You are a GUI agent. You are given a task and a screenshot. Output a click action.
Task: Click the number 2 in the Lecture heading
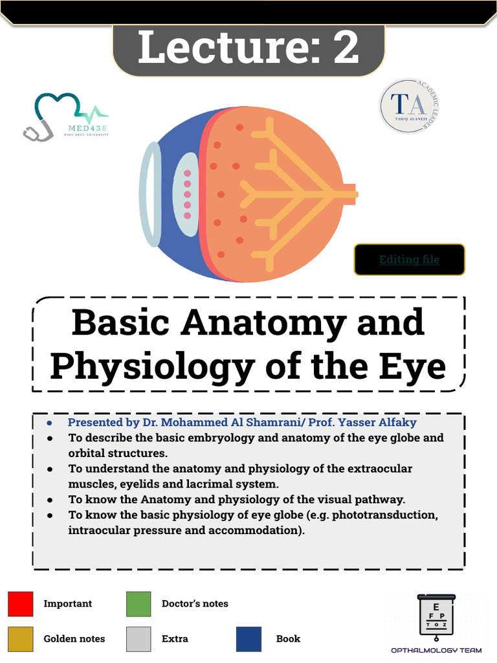pyautogui.click(x=346, y=48)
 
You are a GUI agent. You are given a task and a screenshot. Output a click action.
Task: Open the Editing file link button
pyautogui.click(x=409, y=260)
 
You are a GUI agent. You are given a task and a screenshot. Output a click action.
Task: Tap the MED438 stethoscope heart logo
pyautogui.click(x=63, y=117)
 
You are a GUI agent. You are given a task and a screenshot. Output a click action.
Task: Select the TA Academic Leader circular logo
pyautogui.click(x=410, y=106)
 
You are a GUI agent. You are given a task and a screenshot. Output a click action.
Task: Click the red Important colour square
pyautogui.click(x=20, y=603)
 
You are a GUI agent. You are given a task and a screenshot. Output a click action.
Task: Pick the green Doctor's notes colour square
pyautogui.click(x=138, y=603)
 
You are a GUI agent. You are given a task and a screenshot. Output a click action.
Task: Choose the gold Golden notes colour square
pyautogui.click(x=20, y=639)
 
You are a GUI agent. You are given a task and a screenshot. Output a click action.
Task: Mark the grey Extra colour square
pyautogui.click(x=138, y=639)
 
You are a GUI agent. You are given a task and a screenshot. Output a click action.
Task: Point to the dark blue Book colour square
pyautogui.click(x=249, y=639)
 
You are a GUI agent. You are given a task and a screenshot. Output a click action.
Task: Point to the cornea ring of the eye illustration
pyautogui.click(x=150, y=194)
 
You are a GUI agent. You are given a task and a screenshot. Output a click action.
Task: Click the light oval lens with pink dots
pyautogui.click(x=187, y=194)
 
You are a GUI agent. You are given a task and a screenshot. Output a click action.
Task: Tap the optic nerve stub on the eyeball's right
pyautogui.click(x=349, y=194)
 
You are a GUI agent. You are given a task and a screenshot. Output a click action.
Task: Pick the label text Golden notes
pyautogui.click(x=74, y=639)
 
